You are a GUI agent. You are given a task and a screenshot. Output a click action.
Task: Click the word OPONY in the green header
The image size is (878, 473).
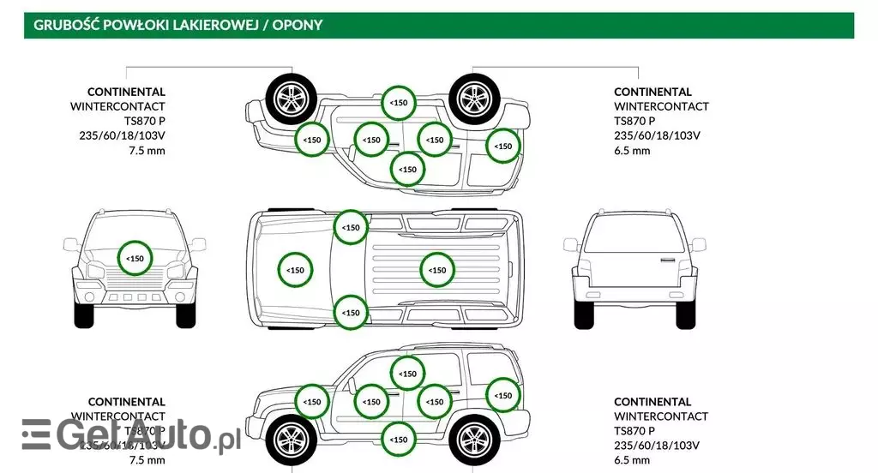[297, 25]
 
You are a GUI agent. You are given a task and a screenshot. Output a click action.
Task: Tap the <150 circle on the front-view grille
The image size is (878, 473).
[135, 257]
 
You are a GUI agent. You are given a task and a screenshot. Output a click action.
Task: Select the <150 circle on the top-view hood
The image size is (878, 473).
[295, 270]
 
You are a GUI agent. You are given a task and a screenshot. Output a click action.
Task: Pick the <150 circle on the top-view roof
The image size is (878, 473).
[437, 270]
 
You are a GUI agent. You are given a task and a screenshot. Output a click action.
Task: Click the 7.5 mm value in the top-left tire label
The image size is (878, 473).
[147, 150]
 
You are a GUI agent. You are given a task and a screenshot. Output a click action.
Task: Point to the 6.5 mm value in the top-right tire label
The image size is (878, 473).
[632, 150]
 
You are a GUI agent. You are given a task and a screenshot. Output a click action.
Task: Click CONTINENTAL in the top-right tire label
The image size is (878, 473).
[652, 92]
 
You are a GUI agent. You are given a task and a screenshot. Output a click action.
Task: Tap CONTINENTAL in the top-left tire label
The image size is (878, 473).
[126, 92]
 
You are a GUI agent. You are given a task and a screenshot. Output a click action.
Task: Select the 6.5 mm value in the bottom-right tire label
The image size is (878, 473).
[632, 460]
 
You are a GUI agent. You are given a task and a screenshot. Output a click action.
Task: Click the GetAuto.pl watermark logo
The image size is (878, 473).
[129, 435]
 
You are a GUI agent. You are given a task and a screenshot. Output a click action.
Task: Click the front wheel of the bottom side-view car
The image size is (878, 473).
[292, 438]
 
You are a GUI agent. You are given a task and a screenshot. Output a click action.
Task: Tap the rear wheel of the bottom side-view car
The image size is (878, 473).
[474, 438]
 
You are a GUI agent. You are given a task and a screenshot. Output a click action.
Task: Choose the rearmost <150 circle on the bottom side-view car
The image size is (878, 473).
[503, 395]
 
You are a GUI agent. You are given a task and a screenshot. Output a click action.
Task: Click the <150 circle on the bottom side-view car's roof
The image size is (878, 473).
[408, 374]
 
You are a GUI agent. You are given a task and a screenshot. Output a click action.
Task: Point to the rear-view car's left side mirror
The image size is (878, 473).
[570, 245]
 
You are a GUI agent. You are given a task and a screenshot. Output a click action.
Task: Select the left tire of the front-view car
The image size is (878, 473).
[84, 314]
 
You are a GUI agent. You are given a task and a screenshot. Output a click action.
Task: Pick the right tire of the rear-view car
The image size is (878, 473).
[685, 314]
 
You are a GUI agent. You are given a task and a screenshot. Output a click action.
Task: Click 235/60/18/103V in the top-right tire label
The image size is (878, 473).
[657, 135]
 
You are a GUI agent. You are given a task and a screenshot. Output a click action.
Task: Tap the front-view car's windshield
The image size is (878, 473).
[135, 233]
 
